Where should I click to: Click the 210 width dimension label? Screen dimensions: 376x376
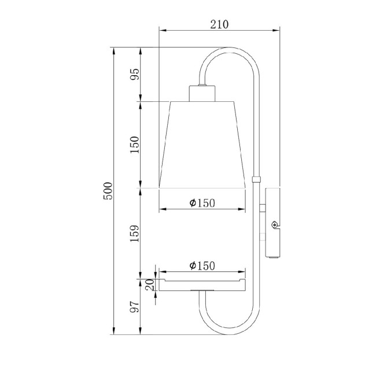tap(219, 24)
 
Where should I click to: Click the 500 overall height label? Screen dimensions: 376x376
tap(108, 191)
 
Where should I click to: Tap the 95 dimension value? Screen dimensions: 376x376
tap(135, 75)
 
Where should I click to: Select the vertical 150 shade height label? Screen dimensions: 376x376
tap(135, 145)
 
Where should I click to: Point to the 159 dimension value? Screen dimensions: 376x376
tap(135, 233)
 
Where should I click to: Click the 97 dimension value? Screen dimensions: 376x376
tap(135, 307)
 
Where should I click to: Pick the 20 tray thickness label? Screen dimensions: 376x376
tap(150, 285)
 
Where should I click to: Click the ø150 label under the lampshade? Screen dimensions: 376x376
tap(202, 203)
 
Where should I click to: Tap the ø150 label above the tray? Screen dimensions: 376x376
tap(202, 266)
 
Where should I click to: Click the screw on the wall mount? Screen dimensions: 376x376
tap(274, 224)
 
